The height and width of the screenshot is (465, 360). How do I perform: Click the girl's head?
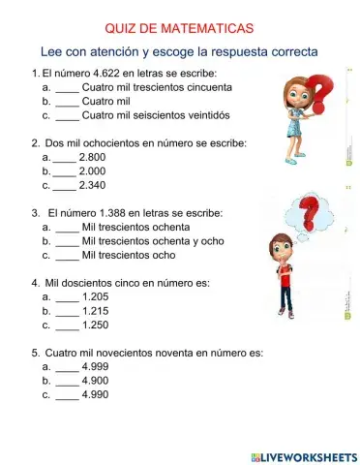[x=294, y=92]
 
